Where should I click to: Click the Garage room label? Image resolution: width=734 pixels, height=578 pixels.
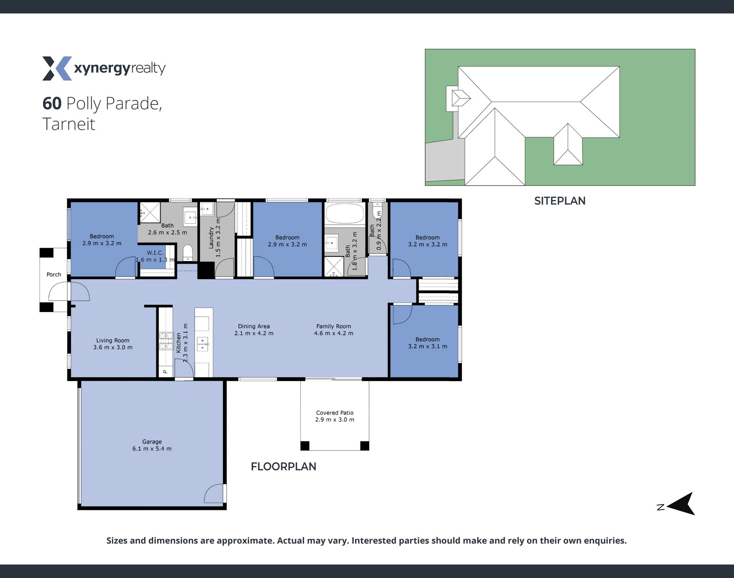[x=152, y=445]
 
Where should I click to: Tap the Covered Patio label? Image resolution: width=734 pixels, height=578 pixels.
[x=335, y=416]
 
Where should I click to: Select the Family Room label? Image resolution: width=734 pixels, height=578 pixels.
[x=333, y=330]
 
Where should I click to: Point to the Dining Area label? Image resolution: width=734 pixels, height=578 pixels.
[x=254, y=330]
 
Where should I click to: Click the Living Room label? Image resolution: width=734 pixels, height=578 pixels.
[x=113, y=344]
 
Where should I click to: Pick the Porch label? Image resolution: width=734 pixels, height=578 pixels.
[x=54, y=274]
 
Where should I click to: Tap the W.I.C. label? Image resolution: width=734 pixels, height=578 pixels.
[x=155, y=253]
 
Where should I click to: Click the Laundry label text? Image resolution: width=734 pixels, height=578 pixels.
[x=211, y=238]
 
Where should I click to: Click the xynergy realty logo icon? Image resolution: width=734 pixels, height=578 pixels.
[x=57, y=68]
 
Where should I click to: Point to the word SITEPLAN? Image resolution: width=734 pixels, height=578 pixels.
[x=560, y=201]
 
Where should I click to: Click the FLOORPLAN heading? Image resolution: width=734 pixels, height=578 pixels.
[x=283, y=466]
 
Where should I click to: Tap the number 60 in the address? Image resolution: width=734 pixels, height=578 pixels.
[x=52, y=103]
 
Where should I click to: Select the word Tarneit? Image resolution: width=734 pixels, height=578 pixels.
[x=69, y=124]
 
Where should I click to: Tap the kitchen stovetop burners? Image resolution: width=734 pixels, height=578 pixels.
[x=166, y=341]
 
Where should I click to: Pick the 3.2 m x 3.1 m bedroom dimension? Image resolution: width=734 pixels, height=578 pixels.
[x=427, y=346]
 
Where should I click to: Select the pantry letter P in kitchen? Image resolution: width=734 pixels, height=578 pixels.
[x=166, y=372]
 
